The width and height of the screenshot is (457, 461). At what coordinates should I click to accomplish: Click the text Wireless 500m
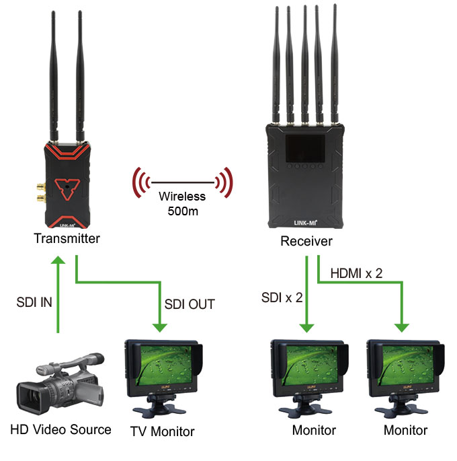coord(182,205)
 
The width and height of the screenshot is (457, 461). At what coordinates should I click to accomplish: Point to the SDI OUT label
coord(190,304)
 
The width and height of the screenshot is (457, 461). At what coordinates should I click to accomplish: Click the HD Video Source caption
coord(60,429)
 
